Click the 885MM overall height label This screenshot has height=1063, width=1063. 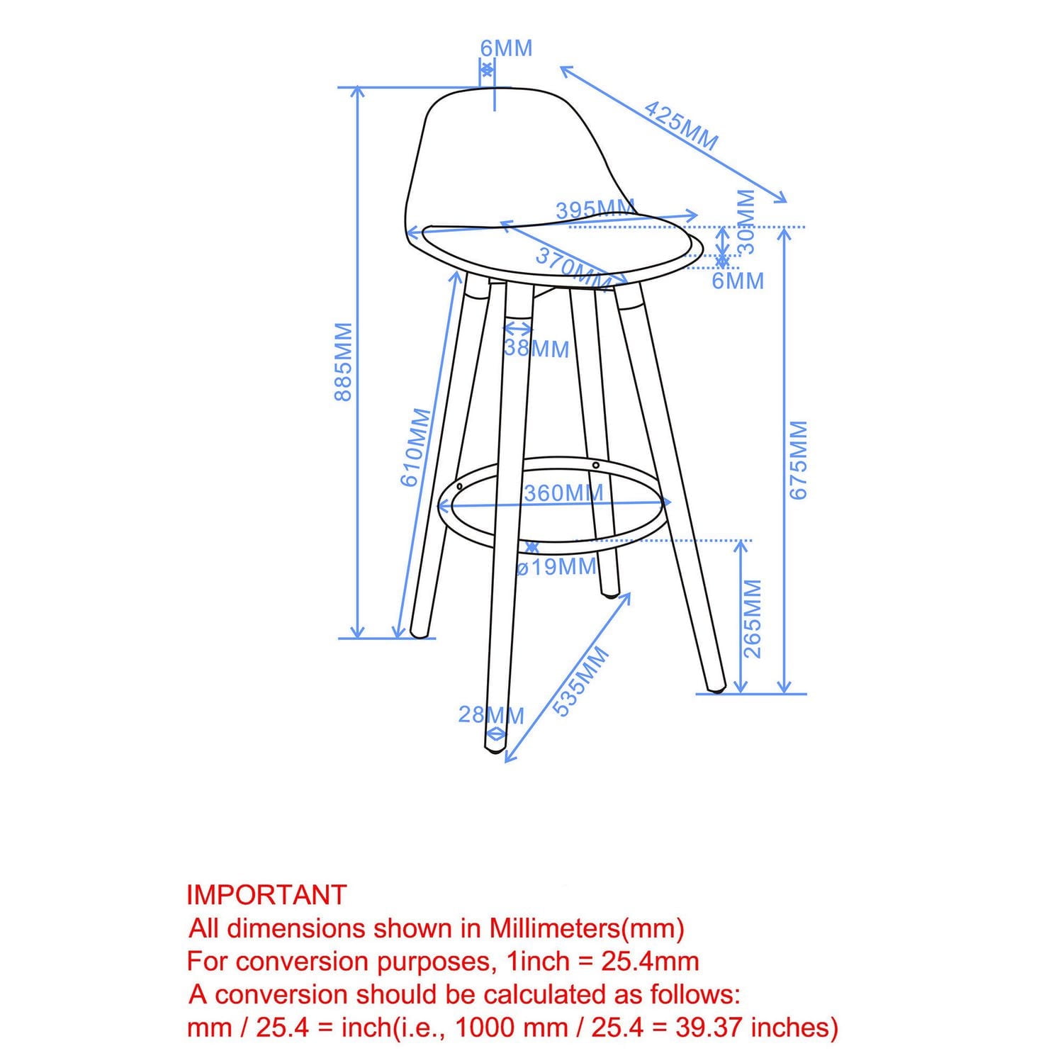pyautogui.click(x=344, y=361)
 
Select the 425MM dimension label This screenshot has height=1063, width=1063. pyautogui.click(x=681, y=125)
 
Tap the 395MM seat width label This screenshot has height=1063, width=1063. pyautogui.click(x=595, y=210)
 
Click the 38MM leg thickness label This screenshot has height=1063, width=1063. pyautogui.click(x=536, y=349)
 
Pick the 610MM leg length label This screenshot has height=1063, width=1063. pyautogui.click(x=416, y=447)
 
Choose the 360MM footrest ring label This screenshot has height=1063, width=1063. pyautogui.click(x=563, y=493)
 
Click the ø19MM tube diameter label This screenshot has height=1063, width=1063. pyautogui.click(x=557, y=567)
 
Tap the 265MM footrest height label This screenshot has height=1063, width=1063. pyautogui.click(x=752, y=618)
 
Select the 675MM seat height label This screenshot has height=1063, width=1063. pyautogui.click(x=799, y=460)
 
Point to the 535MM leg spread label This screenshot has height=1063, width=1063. pyautogui.click(x=580, y=682)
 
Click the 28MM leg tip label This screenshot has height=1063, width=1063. pyautogui.click(x=491, y=715)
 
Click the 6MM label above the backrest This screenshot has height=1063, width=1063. pyautogui.click(x=506, y=49)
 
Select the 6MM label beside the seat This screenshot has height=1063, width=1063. pyautogui.click(x=738, y=281)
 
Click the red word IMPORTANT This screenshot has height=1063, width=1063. pyautogui.click(x=266, y=895)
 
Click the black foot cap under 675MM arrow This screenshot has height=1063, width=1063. pyautogui.click(x=718, y=687)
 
